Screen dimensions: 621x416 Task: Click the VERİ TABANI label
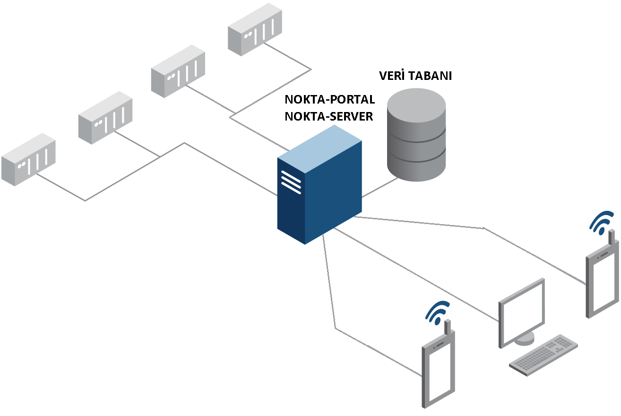coord(415,76)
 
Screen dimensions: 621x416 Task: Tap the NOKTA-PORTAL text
coord(329,99)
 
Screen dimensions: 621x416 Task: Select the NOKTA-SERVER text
coord(329,116)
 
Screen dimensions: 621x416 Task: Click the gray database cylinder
coord(416,135)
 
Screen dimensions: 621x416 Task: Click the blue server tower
coord(319,184)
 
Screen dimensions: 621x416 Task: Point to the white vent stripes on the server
coord(291,182)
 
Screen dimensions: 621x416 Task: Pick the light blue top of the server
coord(319,149)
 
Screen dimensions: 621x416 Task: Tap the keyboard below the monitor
coord(543,355)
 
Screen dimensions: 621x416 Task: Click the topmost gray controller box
coord(255,29)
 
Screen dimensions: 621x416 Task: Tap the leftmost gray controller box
coord(28,159)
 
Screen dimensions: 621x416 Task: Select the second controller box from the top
coord(178,71)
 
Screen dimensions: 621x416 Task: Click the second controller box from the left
coord(105,118)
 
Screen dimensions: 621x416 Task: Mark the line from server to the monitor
coord(416,275)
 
